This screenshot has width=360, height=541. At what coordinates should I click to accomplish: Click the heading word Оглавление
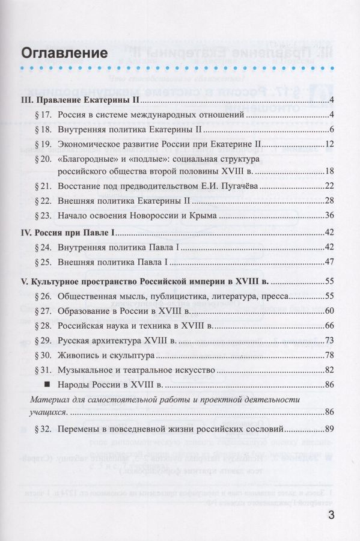[64, 53]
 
